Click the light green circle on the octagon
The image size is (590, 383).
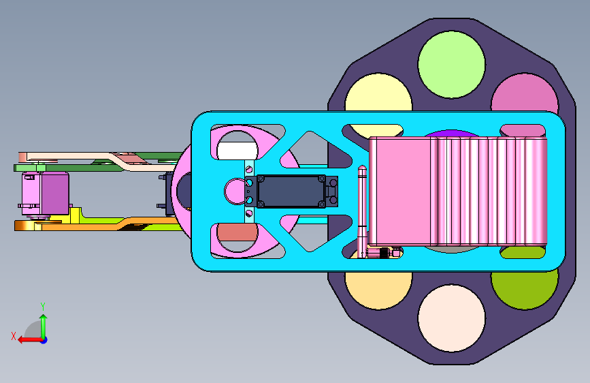(452, 65)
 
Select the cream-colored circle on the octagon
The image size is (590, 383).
(452, 318)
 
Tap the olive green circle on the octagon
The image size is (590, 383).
(525, 288)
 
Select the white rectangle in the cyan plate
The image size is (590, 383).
(237, 151)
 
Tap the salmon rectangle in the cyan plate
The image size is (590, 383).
(237, 232)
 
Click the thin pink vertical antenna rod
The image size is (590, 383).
(362, 211)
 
